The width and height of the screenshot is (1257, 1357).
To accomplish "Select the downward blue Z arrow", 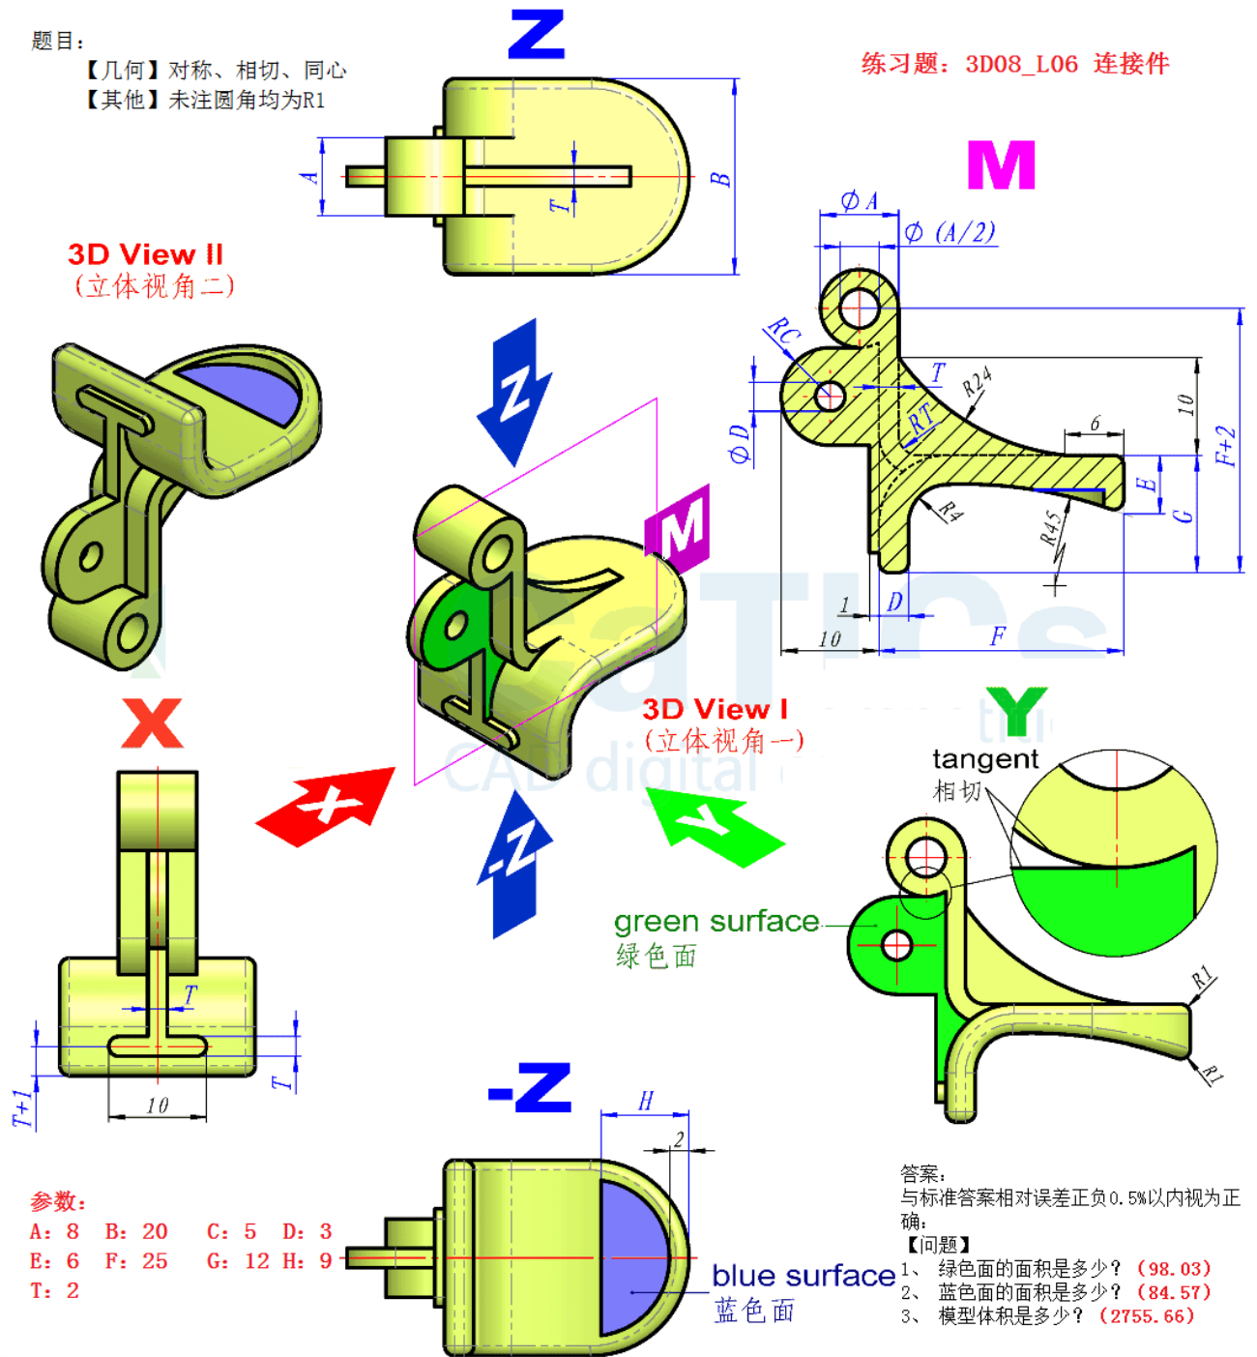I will pos(515,392).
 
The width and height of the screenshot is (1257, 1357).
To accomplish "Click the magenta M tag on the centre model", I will pos(679,528).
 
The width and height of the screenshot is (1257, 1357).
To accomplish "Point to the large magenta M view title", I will pos(1002,165).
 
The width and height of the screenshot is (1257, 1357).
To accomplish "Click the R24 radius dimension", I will pos(976,382).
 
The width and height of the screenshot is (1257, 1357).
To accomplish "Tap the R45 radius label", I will pos(1051,527).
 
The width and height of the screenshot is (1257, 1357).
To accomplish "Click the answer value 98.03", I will pos(1174,1268).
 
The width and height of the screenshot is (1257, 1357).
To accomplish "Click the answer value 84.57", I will pos(1174,1292).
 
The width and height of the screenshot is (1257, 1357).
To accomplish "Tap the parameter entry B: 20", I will pos(136,1231).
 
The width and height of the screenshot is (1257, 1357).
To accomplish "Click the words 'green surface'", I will pos(716,922).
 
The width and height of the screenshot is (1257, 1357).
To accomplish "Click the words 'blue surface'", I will pos(804,1276).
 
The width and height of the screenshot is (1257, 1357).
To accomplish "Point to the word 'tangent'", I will pos(984,759).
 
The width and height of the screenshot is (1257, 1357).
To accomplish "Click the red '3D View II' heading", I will pos(145,254).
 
